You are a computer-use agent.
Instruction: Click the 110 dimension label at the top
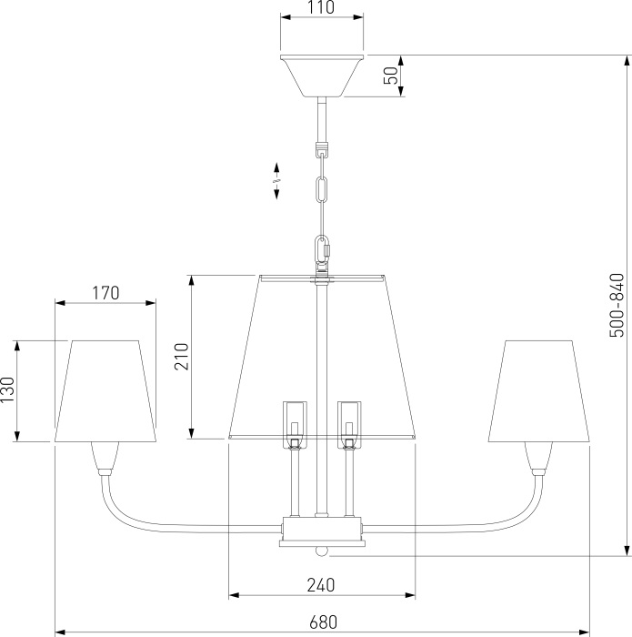321,7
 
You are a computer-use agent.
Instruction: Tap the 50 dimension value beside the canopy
391,76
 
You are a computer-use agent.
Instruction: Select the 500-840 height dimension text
617,306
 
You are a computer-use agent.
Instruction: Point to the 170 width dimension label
105,293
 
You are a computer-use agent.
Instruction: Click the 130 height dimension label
7,390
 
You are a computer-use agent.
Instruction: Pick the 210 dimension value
182,357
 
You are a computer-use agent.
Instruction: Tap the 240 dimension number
321,585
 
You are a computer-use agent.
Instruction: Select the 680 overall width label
323,622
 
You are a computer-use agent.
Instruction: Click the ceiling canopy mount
322,76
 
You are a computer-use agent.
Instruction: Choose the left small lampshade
105,390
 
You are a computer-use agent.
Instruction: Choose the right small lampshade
538,390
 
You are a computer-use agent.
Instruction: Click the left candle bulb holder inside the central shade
295,425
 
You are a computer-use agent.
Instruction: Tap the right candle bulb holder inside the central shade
349,425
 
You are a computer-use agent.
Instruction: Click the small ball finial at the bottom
322,551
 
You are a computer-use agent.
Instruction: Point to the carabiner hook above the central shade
323,249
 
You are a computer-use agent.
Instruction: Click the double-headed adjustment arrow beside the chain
276,181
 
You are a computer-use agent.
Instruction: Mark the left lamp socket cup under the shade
105,459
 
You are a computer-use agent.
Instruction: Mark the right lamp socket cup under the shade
538,459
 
